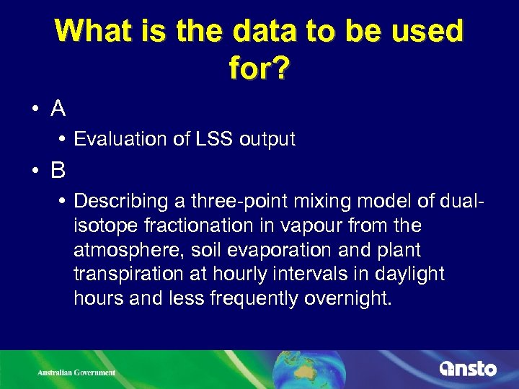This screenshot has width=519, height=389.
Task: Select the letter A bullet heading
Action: (x=58, y=109)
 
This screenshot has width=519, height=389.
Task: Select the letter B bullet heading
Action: (x=58, y=170)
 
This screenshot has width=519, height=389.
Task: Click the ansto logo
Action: (x=468, y=368)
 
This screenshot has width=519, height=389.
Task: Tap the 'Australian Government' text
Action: (x=77, y=372)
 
